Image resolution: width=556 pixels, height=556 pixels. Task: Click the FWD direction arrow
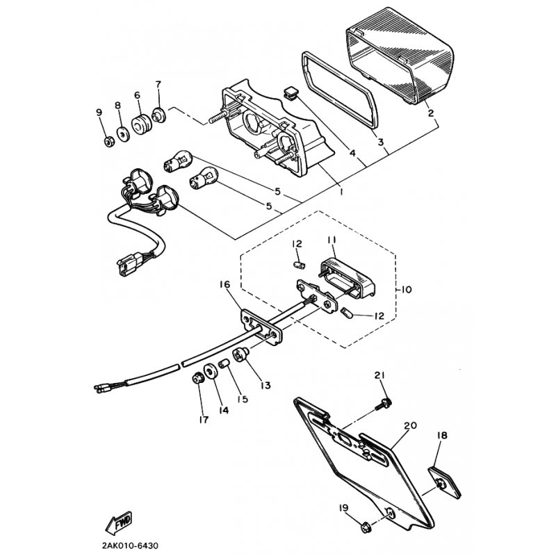(x=119, y=523)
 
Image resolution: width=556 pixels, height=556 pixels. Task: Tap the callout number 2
(x=431, y=113)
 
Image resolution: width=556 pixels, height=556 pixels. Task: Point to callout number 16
(x=224, y=284)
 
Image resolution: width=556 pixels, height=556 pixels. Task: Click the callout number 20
(x=410, y=425)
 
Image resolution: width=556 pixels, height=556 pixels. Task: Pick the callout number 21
(x=379, y=375)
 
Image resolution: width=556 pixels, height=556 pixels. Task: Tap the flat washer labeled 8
(x=124, y=135)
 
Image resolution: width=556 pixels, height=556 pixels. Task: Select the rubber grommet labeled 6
(x=142, y=124)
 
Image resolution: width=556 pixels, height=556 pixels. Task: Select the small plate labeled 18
(x=445, y=482)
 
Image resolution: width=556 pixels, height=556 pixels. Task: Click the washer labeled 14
(x=211, y=372)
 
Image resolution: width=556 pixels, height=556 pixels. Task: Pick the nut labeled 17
(x=197, y=378)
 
